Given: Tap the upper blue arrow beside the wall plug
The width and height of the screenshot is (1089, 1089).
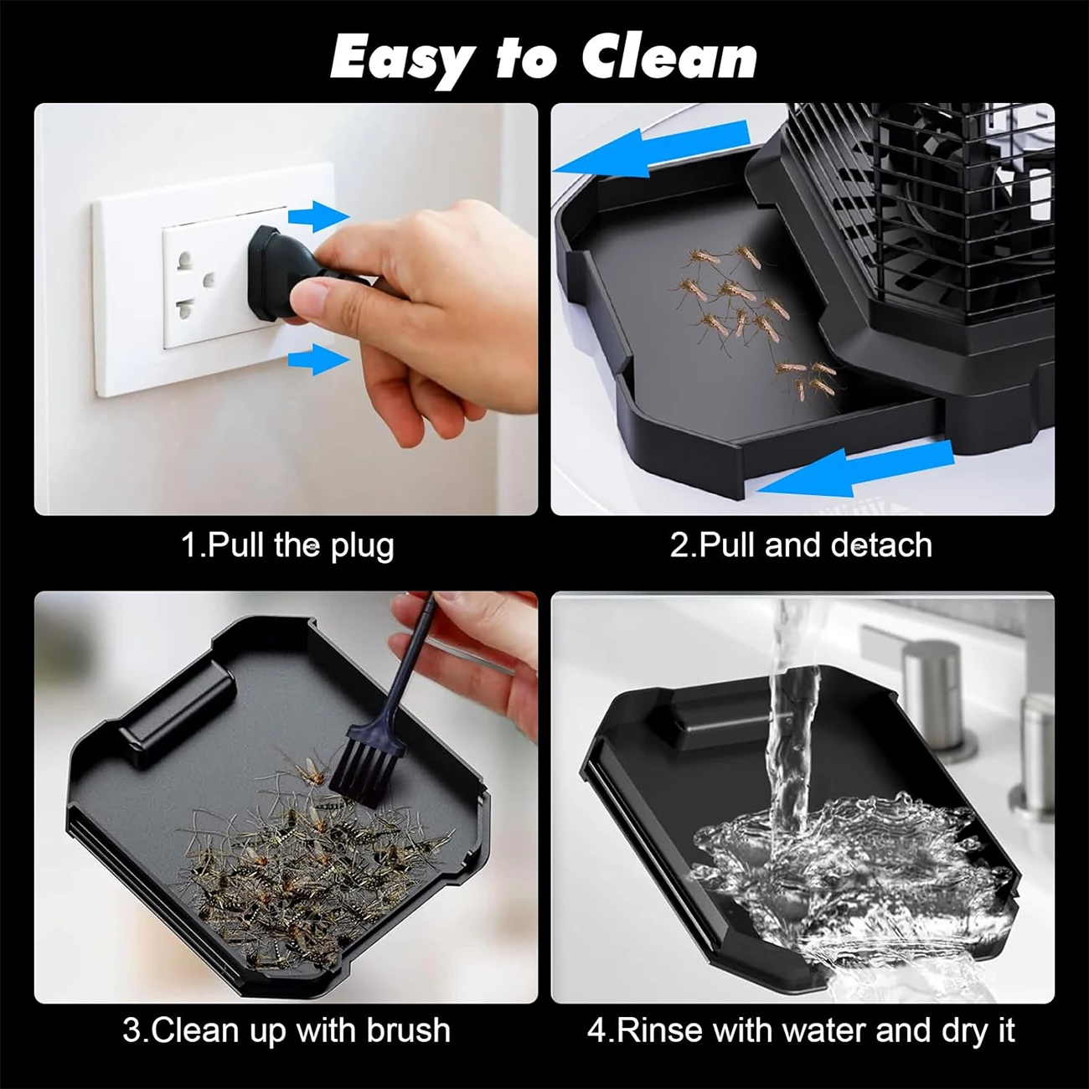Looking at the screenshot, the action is pos(318,216).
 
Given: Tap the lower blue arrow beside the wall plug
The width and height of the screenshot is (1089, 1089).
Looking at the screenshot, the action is pos(318,359).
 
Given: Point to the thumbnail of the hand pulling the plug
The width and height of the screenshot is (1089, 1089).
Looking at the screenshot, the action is pos(286,308).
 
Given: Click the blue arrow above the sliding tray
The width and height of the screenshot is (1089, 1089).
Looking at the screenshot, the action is pos(651,147).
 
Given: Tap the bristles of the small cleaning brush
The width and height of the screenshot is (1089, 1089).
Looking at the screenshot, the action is pos(368,769).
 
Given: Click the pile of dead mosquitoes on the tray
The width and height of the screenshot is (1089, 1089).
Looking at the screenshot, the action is pos(317,856).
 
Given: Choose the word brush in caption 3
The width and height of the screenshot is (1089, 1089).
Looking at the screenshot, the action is pos(409,1030).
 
